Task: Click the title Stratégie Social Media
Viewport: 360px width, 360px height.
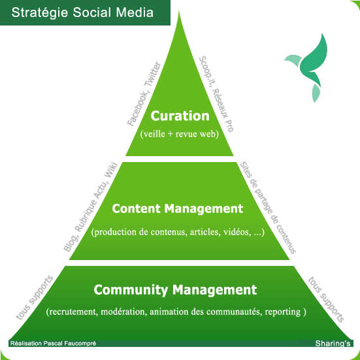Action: tap(82, 12)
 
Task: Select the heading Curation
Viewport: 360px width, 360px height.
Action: tap(180, 116)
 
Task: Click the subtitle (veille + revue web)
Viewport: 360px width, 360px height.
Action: tap(179, 134)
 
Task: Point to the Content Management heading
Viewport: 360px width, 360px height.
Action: tap(178, 208)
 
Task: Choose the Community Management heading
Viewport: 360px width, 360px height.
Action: tap(175, 290)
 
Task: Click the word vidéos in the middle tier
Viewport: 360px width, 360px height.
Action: tap(237, 232)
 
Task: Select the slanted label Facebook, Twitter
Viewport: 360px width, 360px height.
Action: tap(144, 93)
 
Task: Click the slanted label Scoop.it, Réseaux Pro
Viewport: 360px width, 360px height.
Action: tap(216, 93)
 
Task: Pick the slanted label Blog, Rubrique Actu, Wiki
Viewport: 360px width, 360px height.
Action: tap(91, 206)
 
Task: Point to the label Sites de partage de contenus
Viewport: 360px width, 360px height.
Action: tap(268, 208)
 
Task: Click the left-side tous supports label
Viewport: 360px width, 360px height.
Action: tap(35, 297)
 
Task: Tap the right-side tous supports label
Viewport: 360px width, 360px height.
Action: tap(326, 299)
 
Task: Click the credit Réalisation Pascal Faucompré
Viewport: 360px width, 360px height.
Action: tap(54, 343)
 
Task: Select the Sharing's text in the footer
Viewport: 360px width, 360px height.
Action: tap(333, 344)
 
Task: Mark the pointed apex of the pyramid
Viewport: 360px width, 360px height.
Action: tap(179, 11)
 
